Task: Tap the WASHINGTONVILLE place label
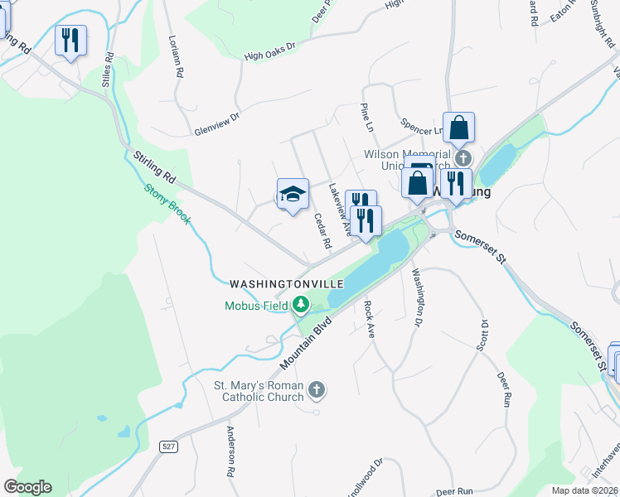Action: point(286,284)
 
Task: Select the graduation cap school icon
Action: point(293,194)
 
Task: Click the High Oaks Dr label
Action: point(270,52)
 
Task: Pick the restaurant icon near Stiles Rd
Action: point(70,39)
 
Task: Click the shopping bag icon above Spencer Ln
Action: point(458,128)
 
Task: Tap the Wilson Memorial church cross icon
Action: point(463,157)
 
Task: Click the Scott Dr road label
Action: point(482,335)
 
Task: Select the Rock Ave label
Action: point(370,318)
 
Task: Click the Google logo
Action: point(27,487)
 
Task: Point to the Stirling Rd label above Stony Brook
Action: point(155,166)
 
